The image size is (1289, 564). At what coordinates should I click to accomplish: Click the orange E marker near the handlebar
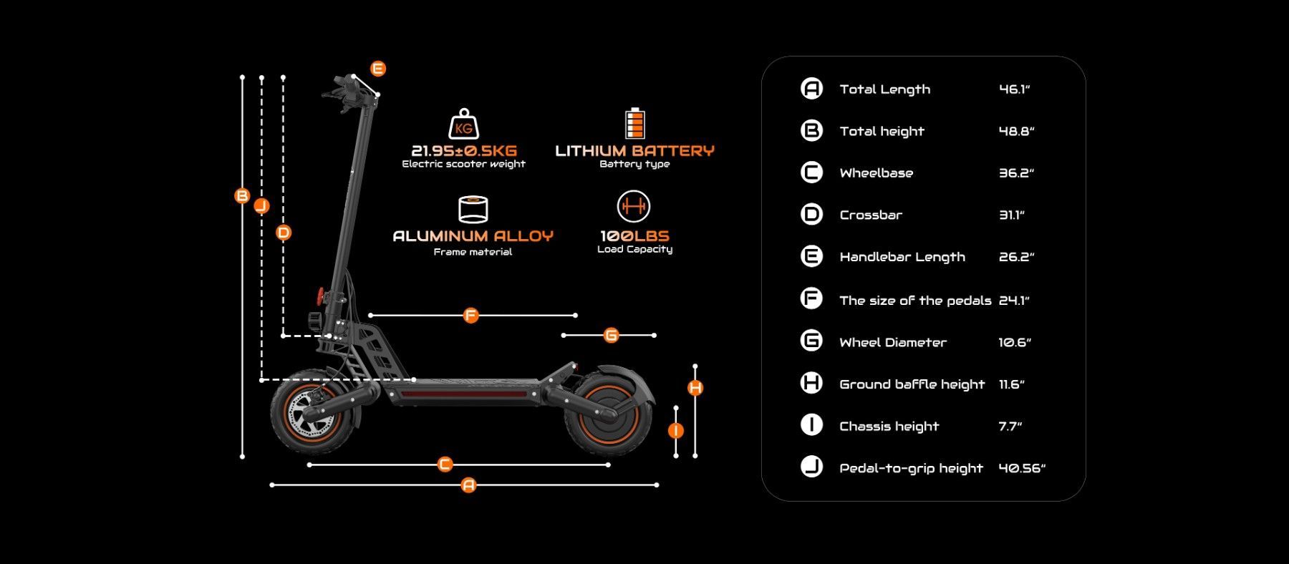[378, 69]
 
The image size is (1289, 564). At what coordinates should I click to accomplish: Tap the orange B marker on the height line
[243, 195]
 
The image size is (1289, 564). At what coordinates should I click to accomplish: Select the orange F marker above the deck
[470, 315]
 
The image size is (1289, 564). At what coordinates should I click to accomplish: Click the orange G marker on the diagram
[611, 335]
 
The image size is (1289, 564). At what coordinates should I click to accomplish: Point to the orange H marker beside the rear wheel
[695, 388]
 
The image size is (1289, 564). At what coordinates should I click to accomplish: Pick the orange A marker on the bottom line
[468, 485]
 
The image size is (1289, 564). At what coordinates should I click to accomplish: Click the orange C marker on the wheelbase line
[445, 465]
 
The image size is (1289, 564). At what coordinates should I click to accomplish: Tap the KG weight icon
[463, 125]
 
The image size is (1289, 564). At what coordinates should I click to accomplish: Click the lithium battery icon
[634, 123]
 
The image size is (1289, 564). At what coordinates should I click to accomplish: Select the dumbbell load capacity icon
[634, 207]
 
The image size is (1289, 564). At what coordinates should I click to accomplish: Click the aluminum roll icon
[473, 209]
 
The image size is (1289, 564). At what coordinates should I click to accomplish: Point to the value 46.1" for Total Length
[1014, 89]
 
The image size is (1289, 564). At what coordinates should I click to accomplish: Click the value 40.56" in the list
[1022, 468]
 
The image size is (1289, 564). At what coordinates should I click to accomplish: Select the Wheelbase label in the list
[876, 173]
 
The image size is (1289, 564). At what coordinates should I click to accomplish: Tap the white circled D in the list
[811, 215]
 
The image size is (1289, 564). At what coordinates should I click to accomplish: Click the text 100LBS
[634, 235]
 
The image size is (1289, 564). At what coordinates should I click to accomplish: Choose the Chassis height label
[889, 427]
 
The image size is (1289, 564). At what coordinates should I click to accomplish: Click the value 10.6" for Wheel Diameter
[1015, 343]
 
